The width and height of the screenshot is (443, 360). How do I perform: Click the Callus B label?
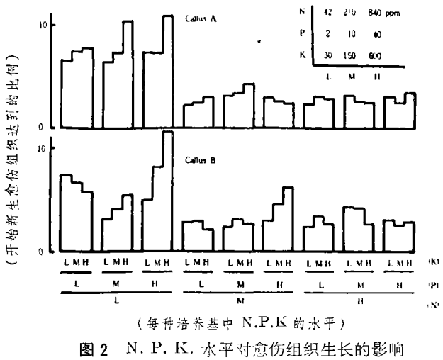[206, 160]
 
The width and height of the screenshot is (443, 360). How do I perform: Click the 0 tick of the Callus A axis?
[43, 126]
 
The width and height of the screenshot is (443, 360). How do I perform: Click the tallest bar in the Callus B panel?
[167, 191]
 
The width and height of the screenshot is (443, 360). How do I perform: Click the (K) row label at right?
[432, 262]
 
